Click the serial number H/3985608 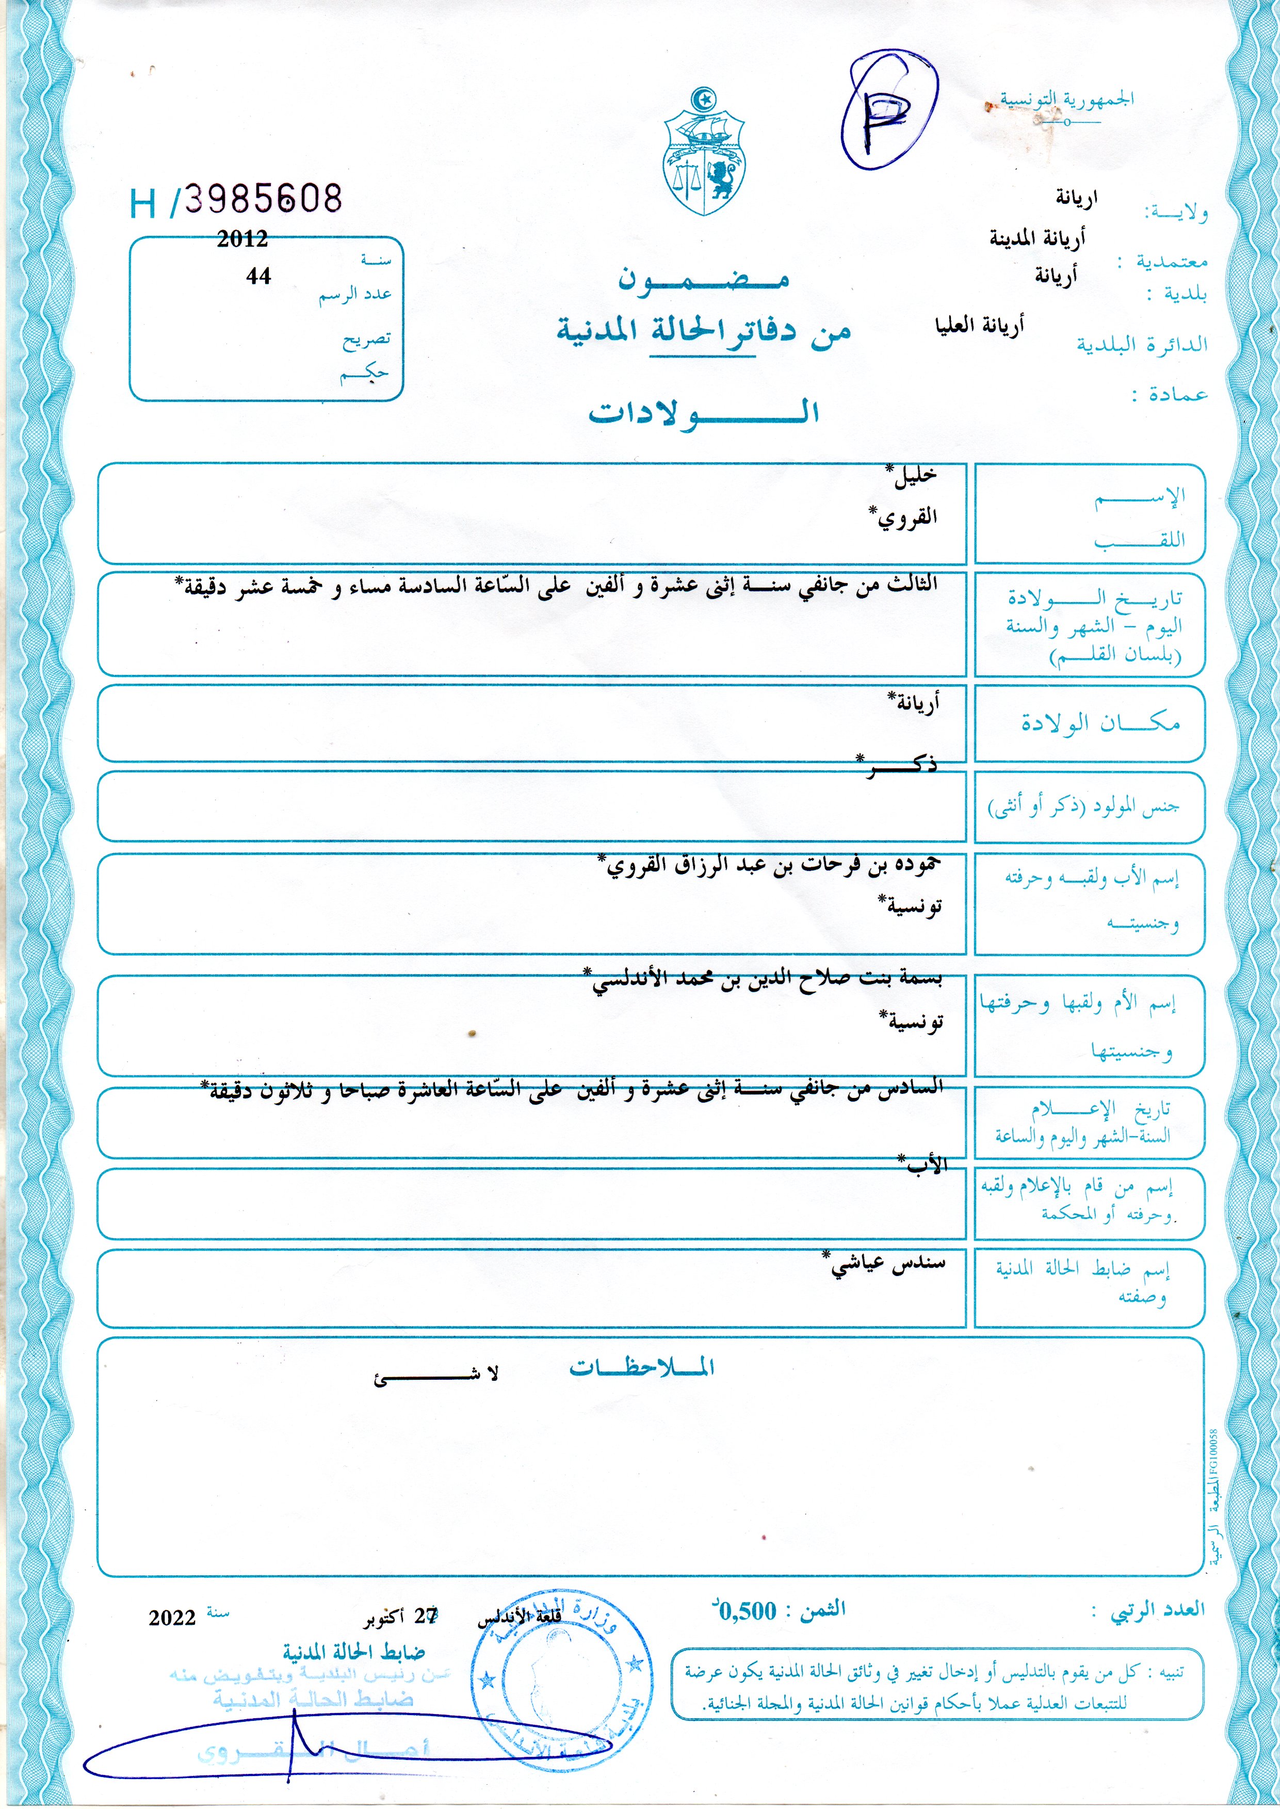click(236, 201)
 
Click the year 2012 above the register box click(242, 239)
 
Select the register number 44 click(258, 276)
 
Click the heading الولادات click(703, 412)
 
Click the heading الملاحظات click(642, 1368)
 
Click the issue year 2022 click(172, 1618)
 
